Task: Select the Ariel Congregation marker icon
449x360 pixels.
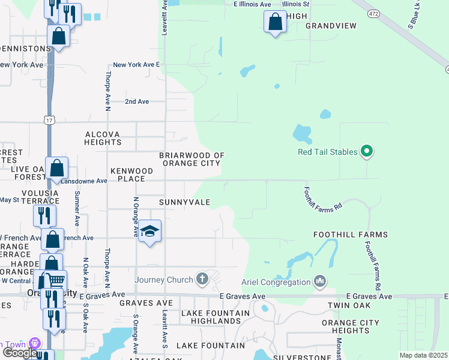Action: [319, 281]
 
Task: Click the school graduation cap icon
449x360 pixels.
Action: [149, 231]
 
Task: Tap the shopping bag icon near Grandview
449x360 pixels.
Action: [275, 22]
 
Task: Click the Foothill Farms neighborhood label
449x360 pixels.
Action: [351, 235]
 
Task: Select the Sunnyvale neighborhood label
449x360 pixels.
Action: [184, 203]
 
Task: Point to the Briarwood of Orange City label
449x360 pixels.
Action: [191, 160]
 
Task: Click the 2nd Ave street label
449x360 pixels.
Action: [137, 102]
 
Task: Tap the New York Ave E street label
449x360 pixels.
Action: [137, 65]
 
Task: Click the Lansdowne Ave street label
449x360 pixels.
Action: [83, 181]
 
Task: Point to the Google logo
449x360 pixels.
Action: [19, 353]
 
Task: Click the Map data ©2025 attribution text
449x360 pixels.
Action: [423, 355]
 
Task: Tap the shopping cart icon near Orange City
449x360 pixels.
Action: [56, 279]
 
